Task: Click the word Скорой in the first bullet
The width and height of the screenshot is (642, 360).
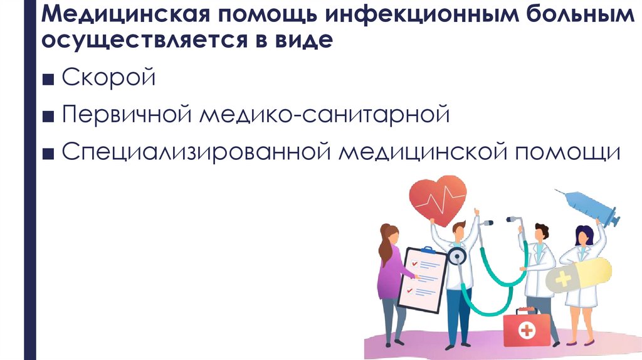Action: click(x=108, y=79)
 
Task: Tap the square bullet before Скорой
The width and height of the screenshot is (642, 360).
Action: click(x=51, y=80)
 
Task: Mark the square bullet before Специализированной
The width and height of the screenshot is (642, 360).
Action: click(x=51, y=154)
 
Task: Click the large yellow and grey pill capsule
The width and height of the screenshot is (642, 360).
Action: click(x=577, y=276)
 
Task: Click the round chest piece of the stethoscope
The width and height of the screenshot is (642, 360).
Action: click(x=457, y=257)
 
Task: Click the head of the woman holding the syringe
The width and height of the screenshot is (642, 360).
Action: click(x=584, y=235)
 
